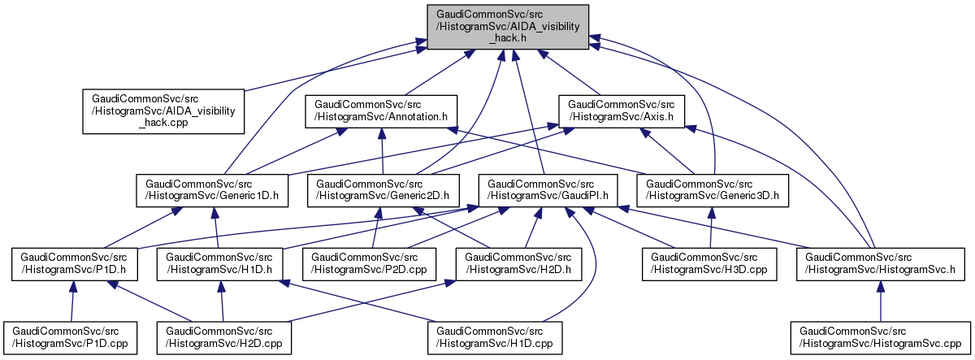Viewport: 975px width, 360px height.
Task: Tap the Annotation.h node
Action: pyautogui.click(x=381, y=111)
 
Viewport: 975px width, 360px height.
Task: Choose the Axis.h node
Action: pyautogui.click(x=622, y=111)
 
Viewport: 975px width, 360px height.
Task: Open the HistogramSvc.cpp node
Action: pyautogui.click(x=880, y=339)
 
